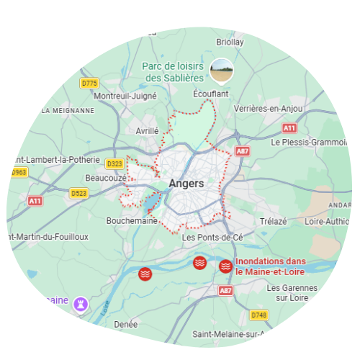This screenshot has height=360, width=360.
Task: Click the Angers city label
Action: coord(186,184)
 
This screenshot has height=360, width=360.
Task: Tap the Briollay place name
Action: coord(230,42)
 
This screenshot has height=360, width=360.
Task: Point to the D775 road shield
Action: coord(89,84)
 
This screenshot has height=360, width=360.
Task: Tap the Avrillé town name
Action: coord(147,132)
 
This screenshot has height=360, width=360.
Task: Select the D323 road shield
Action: coord(114,164)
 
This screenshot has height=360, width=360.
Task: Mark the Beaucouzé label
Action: coord(105,177)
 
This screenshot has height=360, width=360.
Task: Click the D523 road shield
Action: coord(78,193)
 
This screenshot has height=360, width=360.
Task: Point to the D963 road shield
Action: coord(19,173)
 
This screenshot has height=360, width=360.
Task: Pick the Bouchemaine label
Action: coord(131,221)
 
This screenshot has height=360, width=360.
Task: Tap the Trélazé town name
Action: coord(273,221)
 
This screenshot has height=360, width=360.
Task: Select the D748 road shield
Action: coord(259,315)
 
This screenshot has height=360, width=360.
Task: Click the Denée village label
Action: coord(125,325)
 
